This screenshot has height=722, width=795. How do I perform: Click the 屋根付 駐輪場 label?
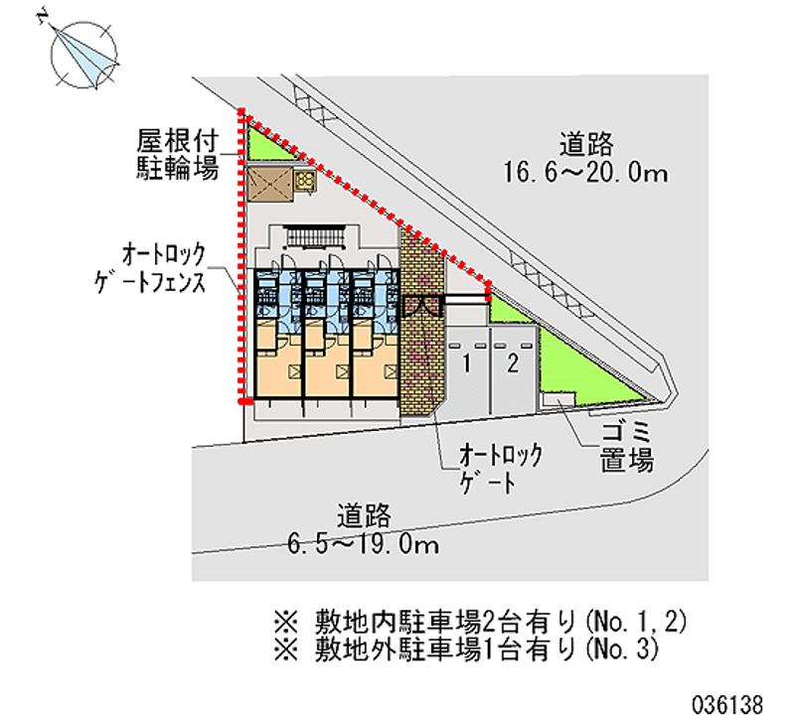point(178,155)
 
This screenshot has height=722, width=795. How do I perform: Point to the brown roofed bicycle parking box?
point(269,185)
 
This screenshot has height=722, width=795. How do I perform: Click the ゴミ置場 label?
point(627,447)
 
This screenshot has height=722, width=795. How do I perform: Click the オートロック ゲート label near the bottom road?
point(501,469)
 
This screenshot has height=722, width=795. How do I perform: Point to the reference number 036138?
point(728,705)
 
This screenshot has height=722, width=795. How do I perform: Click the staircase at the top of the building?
point(315,238)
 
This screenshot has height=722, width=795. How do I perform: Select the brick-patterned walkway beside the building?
point(421,325)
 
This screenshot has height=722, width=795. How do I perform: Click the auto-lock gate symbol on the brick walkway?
point(421,307)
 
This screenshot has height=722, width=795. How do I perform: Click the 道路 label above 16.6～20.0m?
point(586,144)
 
